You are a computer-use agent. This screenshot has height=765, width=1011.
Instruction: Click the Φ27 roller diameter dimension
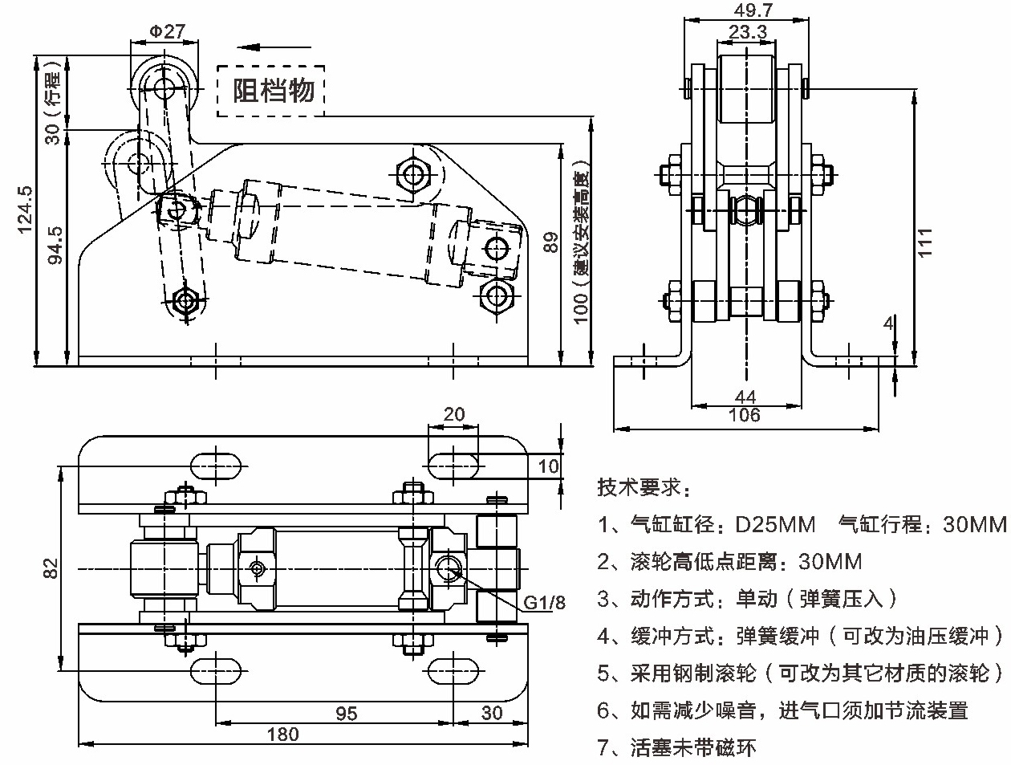point(167,31)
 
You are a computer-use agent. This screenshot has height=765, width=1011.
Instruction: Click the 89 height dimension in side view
point(550,243)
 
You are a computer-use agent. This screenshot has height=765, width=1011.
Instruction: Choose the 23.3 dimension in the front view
point(748,31)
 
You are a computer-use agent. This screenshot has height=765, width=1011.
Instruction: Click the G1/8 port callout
point(545,602)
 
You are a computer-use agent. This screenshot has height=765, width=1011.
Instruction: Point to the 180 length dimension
point(282,734)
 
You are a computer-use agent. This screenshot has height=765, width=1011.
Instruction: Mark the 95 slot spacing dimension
point(346,713)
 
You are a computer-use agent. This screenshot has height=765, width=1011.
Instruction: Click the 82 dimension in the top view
point(51,568)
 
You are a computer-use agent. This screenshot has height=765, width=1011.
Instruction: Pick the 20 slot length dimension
point(454,414)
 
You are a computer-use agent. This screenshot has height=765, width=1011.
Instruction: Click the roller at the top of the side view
point(164,86)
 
